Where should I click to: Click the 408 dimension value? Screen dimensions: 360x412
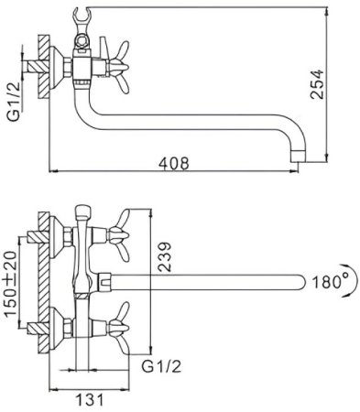pyautogui.click(x=174, y=163)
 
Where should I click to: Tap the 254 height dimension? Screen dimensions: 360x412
pyautogui.click(x=317, y=84)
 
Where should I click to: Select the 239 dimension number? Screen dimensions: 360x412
pyautogui.click(x=164, y=256)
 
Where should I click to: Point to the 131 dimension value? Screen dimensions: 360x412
pyautogui.click(x=90, y=399)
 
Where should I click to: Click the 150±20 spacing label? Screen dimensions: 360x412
pyautogui.click(x=11, y=284)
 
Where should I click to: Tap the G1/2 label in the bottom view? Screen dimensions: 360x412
pyautogui.click(x=161, y=366)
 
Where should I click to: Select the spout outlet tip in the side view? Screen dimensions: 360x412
pyautogui.click(x=298, y=156)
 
